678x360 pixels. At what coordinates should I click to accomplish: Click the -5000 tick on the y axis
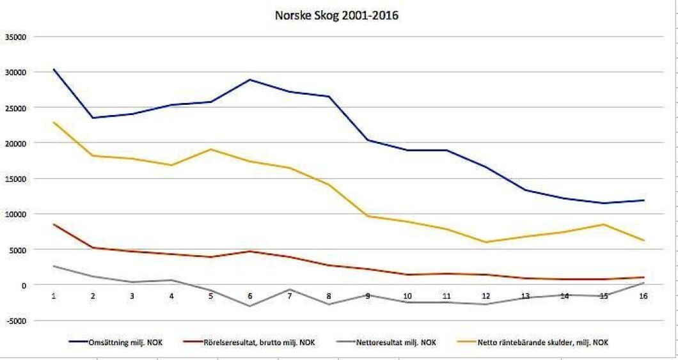click(14, 320)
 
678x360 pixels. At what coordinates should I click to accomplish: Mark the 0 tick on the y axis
click(24, 285)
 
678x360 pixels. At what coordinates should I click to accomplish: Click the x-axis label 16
click(643, 297)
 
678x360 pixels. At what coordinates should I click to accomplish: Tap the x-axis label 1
click(54, 297)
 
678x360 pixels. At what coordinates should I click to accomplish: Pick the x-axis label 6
click(250, 297)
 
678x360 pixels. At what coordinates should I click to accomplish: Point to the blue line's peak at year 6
click(250, 80)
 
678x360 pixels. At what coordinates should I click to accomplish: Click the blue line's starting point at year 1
click(54, 69)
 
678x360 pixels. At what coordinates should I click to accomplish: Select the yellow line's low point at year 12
click(485, 242)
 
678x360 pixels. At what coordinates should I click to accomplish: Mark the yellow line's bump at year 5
click(211, 150)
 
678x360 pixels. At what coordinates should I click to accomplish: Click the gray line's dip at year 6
click(250, 306)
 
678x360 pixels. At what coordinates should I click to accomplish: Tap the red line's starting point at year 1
click(54, 224)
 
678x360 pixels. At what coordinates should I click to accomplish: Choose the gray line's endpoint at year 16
click(643, 283)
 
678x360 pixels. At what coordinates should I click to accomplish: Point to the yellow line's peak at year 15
click(604, 224)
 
